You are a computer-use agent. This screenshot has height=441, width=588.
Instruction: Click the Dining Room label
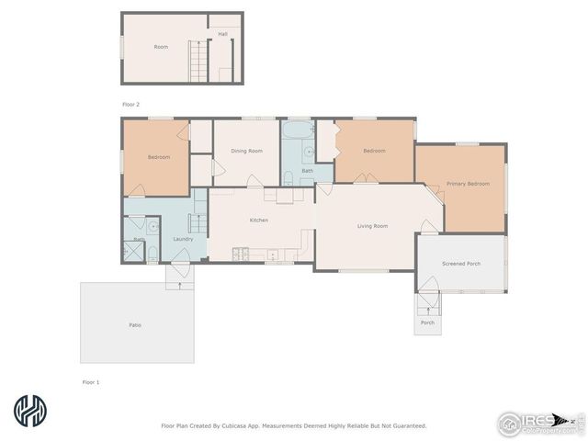pos(246,151)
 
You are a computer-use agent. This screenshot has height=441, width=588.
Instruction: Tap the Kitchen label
pos(259,220)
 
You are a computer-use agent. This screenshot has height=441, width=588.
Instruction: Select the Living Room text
pos(372,226)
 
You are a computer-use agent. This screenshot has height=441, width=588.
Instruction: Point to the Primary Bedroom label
pos(468,184)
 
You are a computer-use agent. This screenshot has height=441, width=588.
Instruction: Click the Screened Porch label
pos(461,264)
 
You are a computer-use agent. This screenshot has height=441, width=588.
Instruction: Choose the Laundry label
pos(182,240)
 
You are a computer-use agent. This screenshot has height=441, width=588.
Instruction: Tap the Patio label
pos(134,325)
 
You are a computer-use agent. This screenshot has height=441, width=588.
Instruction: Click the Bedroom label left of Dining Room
pos(159,157)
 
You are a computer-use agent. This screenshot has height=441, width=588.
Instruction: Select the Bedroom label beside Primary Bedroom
pos(374,151)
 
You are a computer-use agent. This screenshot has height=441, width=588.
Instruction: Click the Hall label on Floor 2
pos(222,34)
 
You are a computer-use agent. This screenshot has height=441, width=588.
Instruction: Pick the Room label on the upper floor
pos(161,47)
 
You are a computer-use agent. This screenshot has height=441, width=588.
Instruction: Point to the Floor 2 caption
pos(131,105)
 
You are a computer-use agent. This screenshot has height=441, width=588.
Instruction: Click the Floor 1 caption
pos(90,380)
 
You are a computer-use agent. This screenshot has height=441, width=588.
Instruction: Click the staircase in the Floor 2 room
pos(196,62)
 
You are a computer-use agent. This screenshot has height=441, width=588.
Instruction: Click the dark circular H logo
pos(29,412)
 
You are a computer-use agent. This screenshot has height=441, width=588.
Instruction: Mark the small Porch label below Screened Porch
pos(427,323)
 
